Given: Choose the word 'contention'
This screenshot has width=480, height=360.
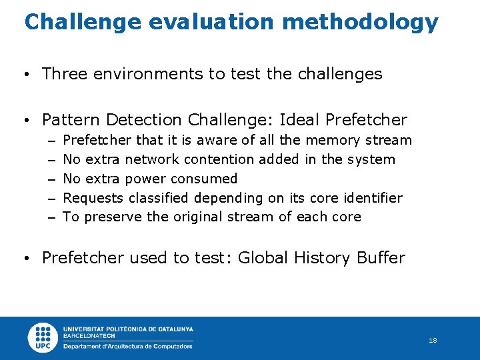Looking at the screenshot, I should coord(219,159).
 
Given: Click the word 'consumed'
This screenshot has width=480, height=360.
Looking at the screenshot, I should coord(204,179).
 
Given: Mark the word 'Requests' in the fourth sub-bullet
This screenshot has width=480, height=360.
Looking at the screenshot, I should coord(93,198).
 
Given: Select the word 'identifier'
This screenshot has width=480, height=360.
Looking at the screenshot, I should coord(370,198).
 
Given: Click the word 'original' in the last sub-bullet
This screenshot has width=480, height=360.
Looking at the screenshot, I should coord(198,217).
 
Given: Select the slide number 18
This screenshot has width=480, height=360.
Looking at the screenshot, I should coord(433,341).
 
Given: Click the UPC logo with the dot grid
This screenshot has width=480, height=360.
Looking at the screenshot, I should coord(43,338).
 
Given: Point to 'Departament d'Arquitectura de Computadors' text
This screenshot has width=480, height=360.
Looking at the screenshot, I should coord(127,347).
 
